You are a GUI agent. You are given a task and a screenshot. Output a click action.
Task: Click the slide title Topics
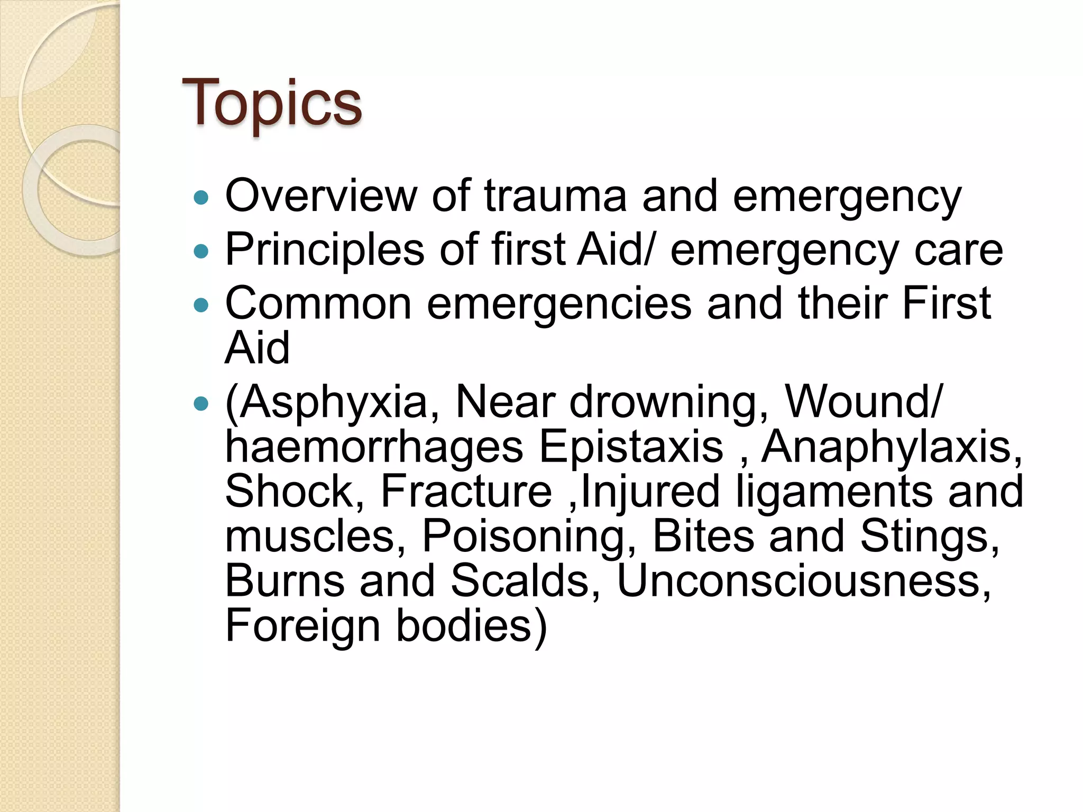[272, 103]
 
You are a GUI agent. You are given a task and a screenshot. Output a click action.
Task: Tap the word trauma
[555, 196]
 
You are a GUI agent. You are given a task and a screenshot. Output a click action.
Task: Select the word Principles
[325, 250]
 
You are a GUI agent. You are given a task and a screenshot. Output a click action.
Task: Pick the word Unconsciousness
[804, 582]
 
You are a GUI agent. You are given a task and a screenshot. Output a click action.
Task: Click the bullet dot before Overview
[201, 198]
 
